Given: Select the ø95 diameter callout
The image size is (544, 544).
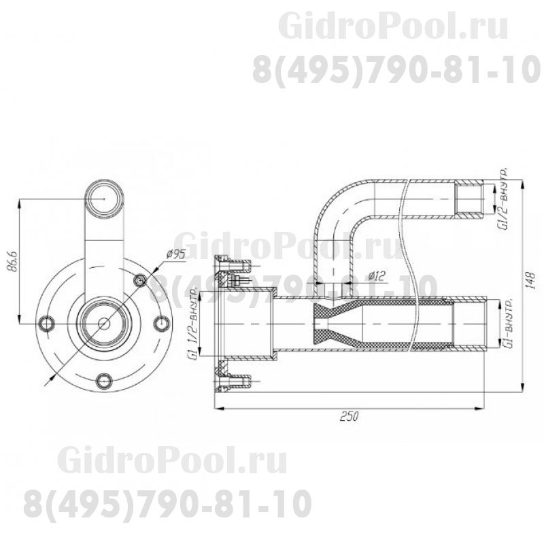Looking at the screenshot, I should pos(176,255).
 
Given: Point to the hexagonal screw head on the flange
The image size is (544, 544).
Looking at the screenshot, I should pos(141,281).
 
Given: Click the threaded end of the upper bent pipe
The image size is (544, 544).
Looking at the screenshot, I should pos(469,197).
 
